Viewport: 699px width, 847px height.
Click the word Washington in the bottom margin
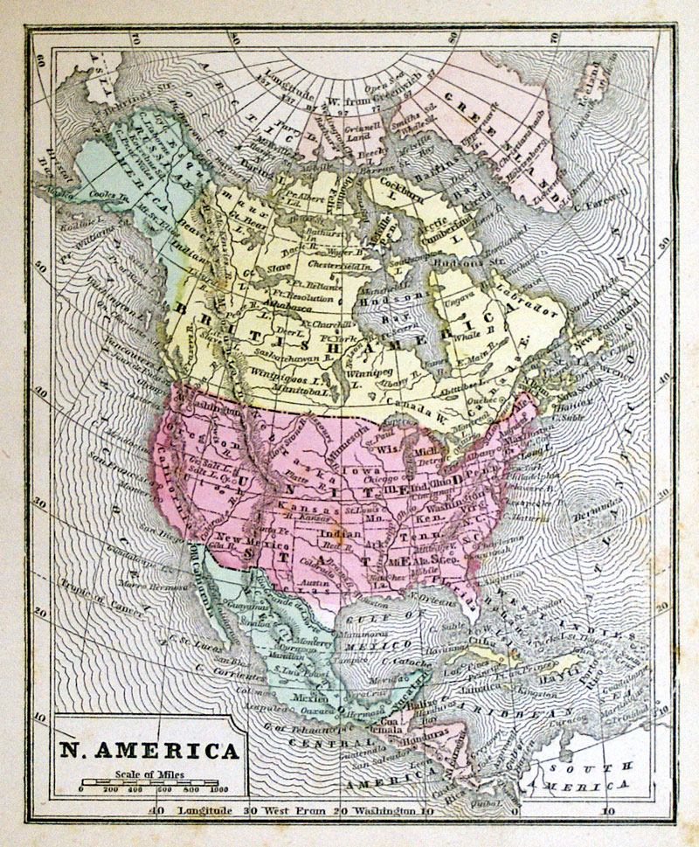click(x=385, y=810)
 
